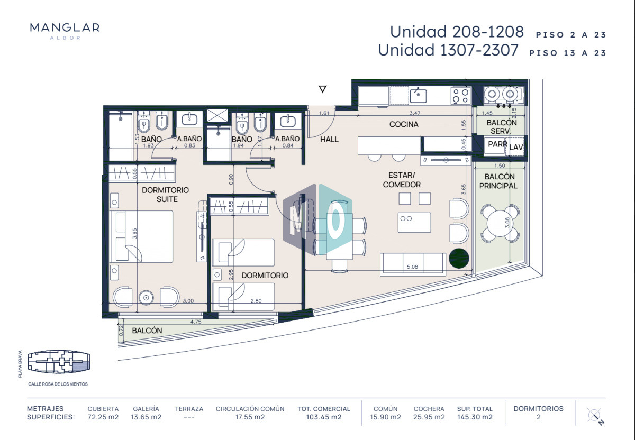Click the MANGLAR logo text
coord(65,28)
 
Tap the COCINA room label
coord(404,124)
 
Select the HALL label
coord(329,139)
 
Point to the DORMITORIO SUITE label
coord(165,194)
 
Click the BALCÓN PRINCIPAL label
coord(498,181)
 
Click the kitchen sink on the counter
coord(418,96)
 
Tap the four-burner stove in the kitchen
coord(459,95)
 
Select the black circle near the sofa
coord(458,259)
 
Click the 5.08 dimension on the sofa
coord(413,267)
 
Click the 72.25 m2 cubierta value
coord(103,417)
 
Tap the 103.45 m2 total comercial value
coord(323,417)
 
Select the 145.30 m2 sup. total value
coord(475,417)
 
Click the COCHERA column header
coord(429,409)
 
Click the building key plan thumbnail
coord(58,362)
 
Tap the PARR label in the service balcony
coord(497,144)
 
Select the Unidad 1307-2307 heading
coord(448,51)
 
